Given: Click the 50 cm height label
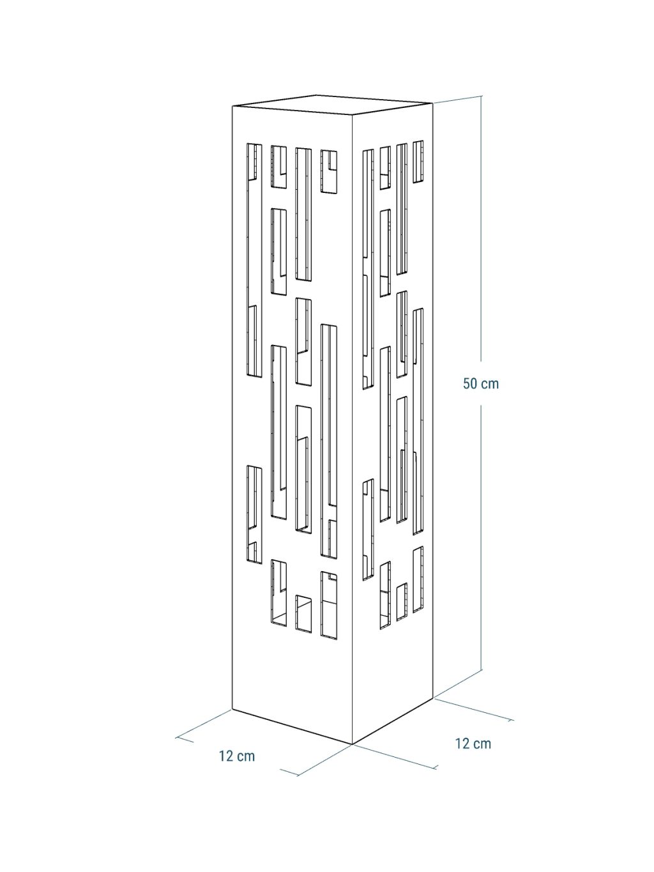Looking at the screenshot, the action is [480, 384].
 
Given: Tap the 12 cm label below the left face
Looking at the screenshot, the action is [237, 756].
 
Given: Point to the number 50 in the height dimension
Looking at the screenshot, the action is [470, 384].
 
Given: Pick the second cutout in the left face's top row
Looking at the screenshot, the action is [278, 167].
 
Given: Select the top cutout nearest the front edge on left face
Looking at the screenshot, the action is [329, 172].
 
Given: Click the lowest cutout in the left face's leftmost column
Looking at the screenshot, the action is [254, 514].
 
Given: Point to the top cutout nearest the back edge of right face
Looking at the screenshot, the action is [418, 161].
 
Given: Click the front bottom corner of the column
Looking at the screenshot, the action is [353, 744].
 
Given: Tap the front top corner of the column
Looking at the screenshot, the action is [353, 116].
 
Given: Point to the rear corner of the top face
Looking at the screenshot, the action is [317, 95].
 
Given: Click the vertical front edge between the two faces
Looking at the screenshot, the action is [353, 430].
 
